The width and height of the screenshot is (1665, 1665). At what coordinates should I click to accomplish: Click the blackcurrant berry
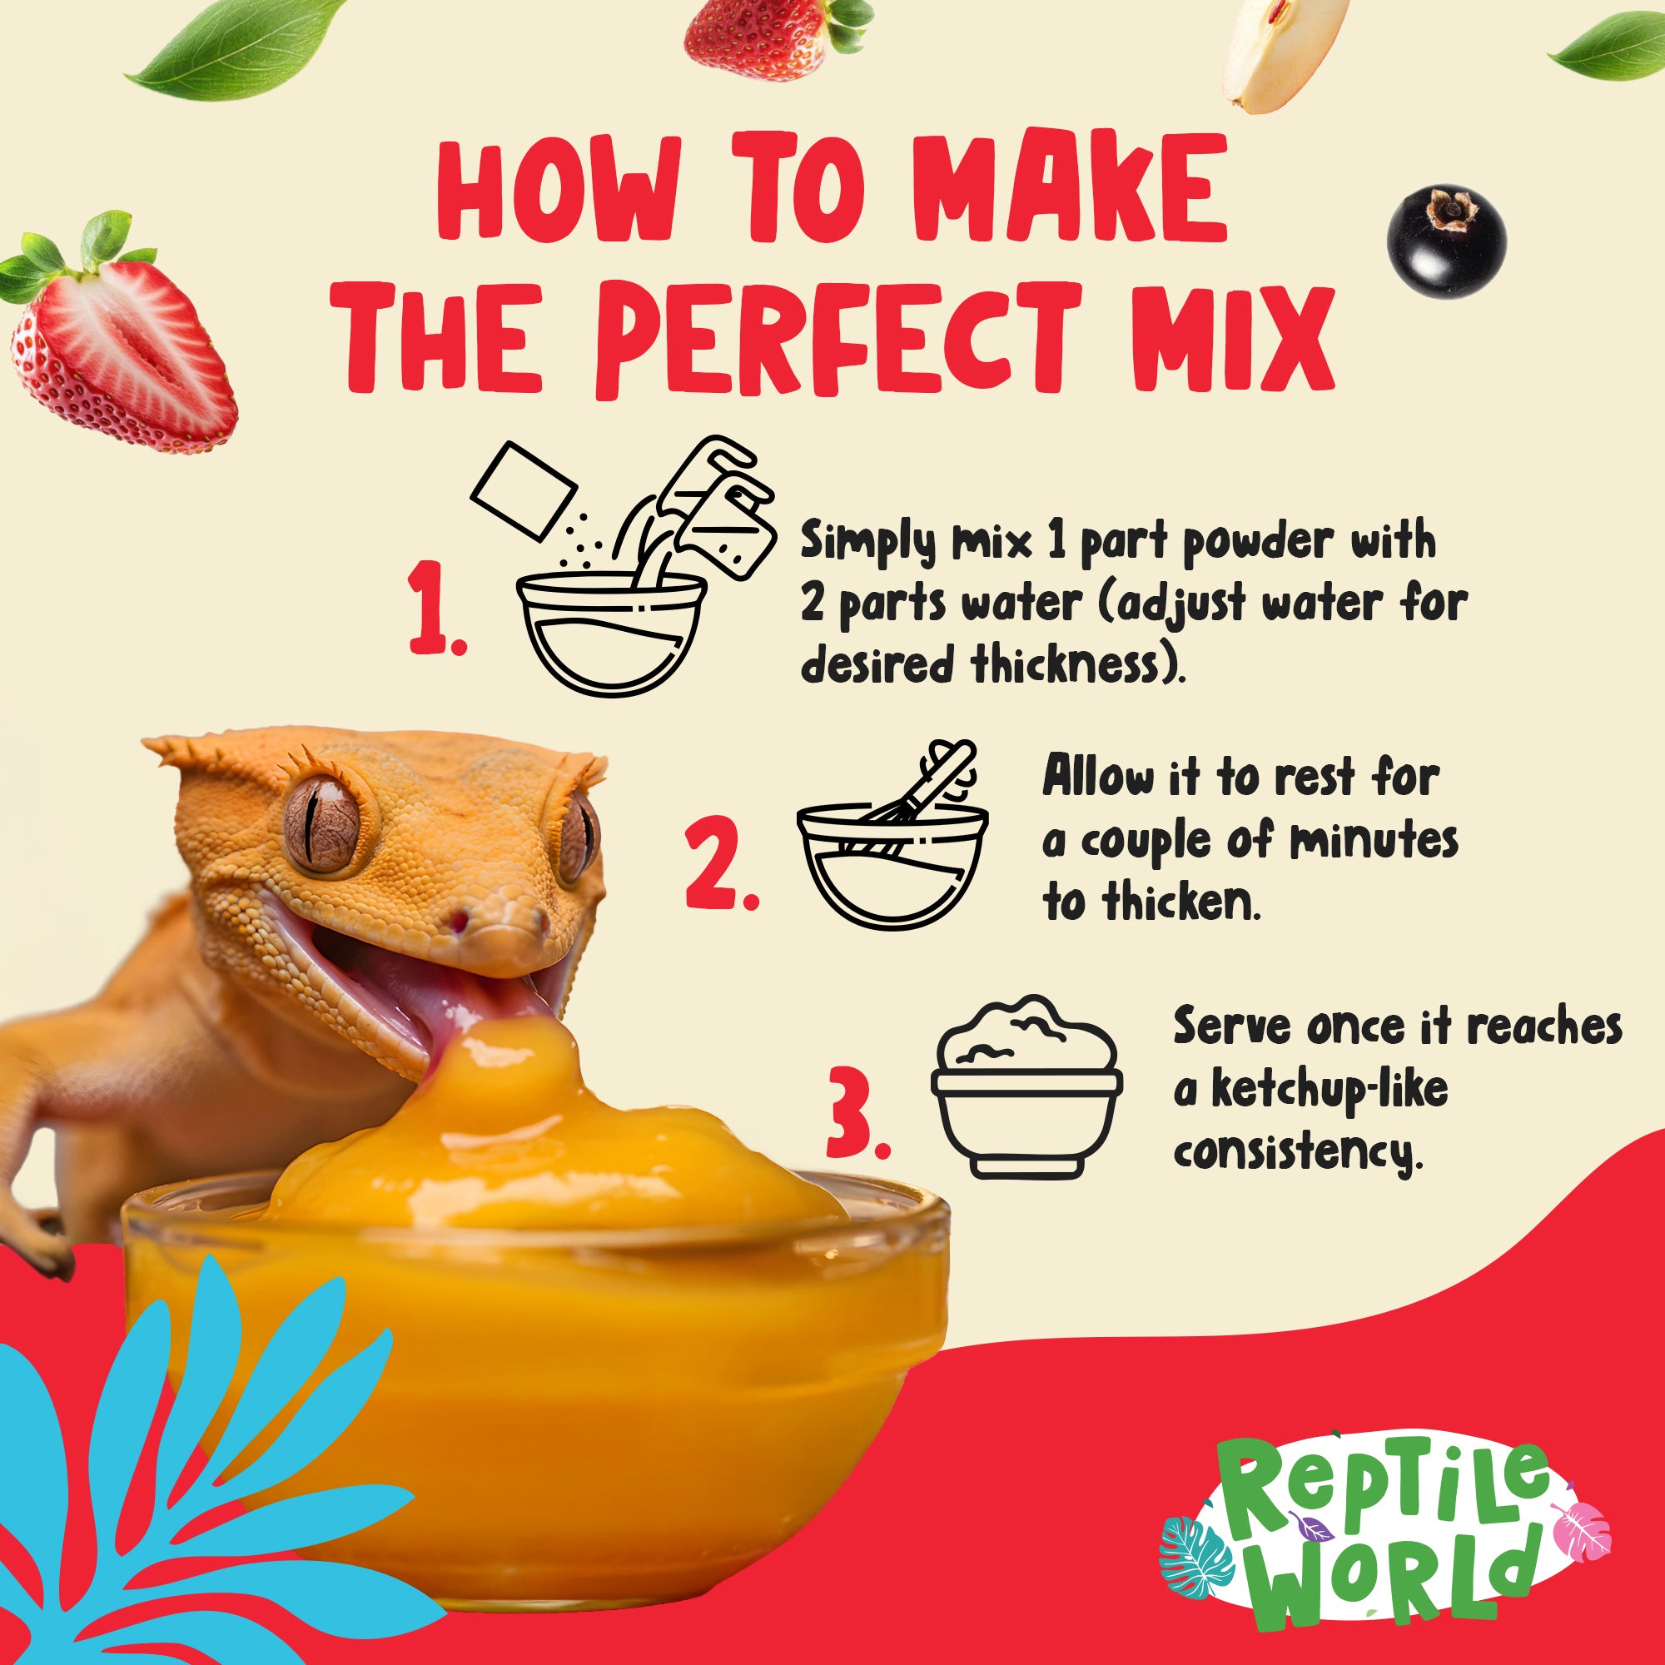[x=1448, y=236]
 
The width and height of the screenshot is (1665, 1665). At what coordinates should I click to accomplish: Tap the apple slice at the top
[x=1284, y=53]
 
